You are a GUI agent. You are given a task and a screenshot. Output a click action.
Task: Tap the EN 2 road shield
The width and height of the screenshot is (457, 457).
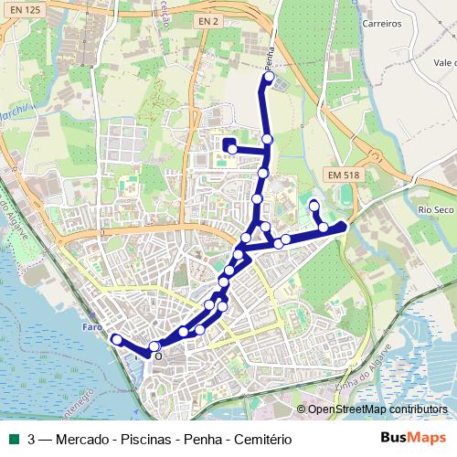[x=208, y=20]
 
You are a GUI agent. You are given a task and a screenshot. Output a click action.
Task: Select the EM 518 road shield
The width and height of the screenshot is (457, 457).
[x=342, y=175]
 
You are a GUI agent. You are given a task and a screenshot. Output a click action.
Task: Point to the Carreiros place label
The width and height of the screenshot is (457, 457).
[x=382, y=24]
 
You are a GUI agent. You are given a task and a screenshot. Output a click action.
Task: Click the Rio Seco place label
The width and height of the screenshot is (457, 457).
[x=436, y=209]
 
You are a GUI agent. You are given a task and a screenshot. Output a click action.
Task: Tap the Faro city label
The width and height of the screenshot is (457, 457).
[x=91, y=327]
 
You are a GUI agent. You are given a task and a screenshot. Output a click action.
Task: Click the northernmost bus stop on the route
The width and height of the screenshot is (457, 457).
[x=269, y=78]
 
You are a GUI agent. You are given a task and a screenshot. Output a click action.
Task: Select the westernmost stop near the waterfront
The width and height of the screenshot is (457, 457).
[x=116, y=340]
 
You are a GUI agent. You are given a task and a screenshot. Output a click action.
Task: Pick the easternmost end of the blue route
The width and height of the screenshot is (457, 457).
[x=343, y=225]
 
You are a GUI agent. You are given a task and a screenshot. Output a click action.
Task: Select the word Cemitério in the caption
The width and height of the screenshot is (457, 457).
[x=260, y=440]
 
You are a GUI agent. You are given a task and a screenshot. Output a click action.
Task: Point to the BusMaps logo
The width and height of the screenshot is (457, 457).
[x=413, y=438]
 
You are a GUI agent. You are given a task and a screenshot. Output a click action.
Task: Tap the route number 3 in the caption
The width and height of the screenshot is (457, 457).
[x=32, y=440]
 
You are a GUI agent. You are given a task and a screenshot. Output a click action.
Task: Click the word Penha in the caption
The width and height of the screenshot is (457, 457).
[x=202, y=440]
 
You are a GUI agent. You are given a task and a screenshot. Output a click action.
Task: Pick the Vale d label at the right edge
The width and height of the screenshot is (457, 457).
[x=445, y=63]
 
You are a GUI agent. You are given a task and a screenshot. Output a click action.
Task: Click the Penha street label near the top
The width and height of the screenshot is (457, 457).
[x=269, y=58]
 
